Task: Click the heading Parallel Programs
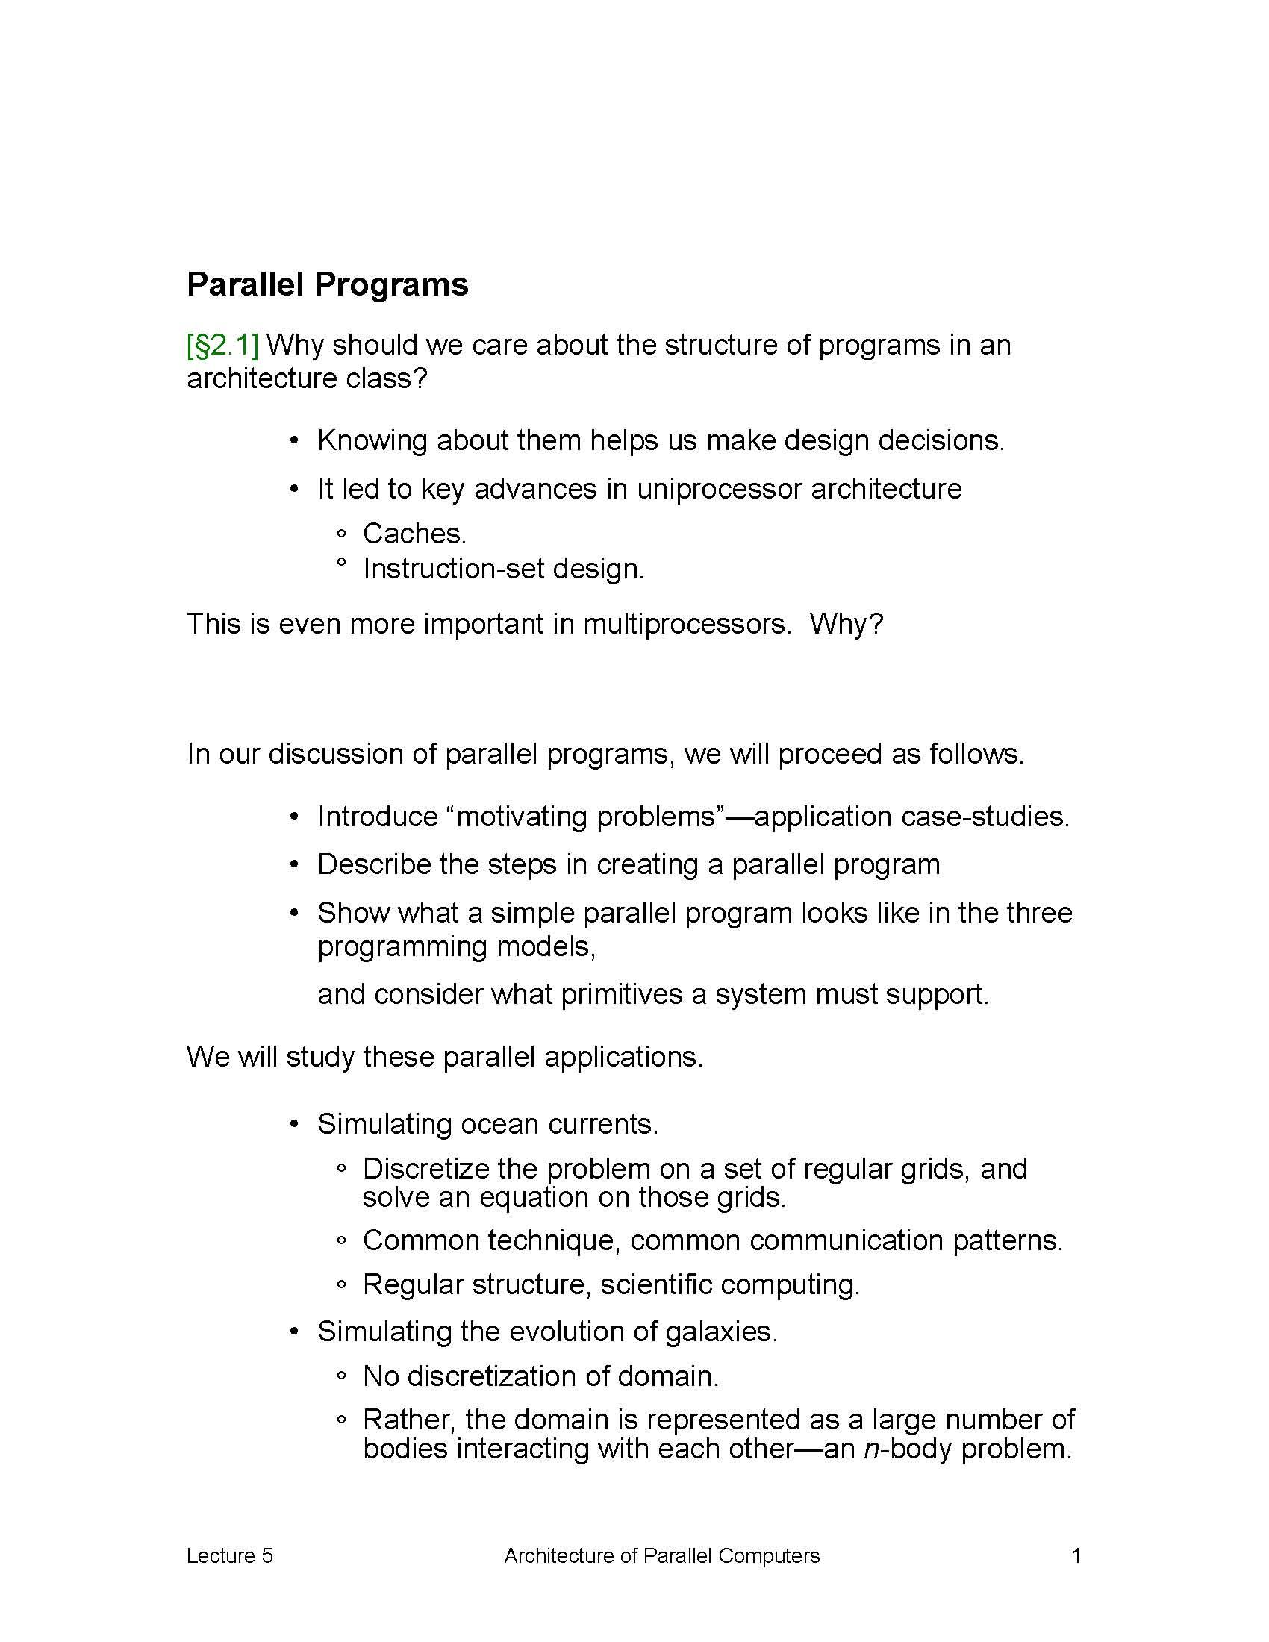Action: (x=327, y=285)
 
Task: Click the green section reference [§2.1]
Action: (x=222, y=345)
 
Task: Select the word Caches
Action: (x=414, y=534)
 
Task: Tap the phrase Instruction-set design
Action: (x=503, y=569)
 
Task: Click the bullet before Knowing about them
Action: (x=295, y=441)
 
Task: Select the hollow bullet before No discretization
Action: (x=342, y=1377)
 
